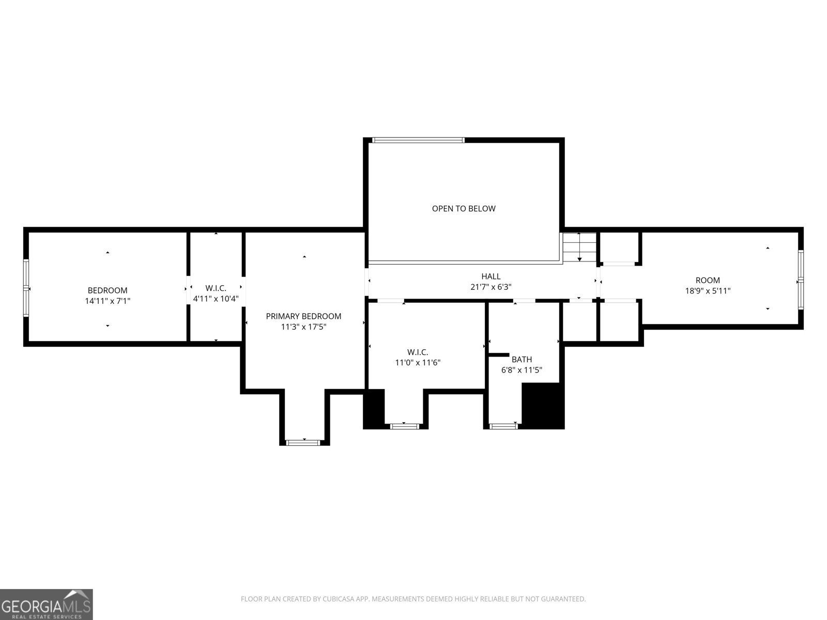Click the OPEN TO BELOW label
[x=464, y=209]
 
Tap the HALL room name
[x=491, y=277]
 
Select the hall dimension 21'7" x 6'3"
[x=491, y=287]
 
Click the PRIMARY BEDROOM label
[x=303, y=316]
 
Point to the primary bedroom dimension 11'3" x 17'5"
[x=303, y=327]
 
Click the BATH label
[x=522, y=360]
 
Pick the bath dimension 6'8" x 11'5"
[x=522, y=370]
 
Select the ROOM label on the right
[x=708, y=281]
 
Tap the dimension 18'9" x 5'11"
[x=708, y=290]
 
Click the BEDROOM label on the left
[x=108, y=290]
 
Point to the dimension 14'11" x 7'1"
[x=108, y=301]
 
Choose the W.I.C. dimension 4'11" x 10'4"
[x=216, y=299]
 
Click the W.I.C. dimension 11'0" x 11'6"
[x=418, y=363]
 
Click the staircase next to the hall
[x=579, y=247]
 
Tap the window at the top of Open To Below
[x=418, y=140]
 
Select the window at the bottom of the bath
[x=503, y=426]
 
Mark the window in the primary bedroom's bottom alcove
[x=304, y=443]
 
